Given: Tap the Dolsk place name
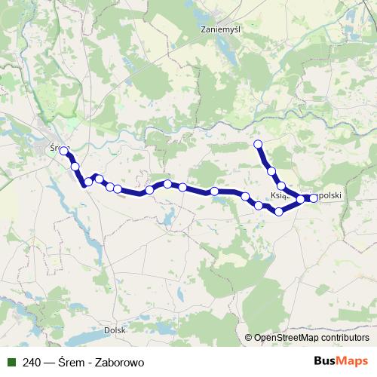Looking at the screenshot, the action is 115,329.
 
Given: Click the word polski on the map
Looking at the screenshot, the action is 329,195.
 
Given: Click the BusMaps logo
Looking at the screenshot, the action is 342,361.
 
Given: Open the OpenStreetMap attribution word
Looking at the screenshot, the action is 289,338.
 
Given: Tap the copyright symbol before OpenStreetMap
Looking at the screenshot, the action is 248,338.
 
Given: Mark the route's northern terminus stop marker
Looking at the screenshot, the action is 258,143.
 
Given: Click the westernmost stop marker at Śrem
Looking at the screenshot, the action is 64,151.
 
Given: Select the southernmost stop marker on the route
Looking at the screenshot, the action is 279,211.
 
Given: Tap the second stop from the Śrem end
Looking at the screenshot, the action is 75,166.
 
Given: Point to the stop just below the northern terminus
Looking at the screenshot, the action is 271,172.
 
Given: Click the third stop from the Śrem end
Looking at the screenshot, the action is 88,182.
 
